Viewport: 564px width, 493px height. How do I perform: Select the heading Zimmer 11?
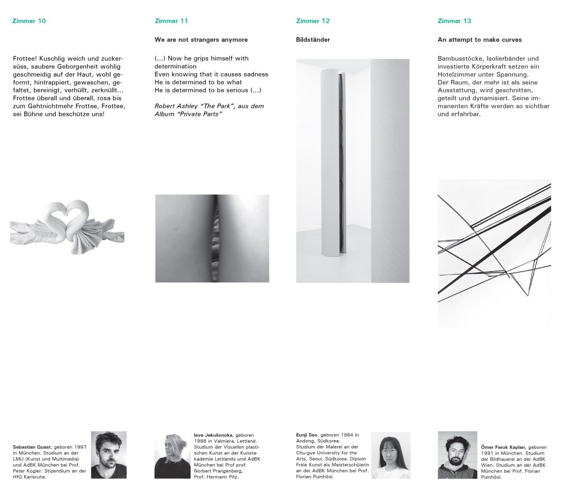tap(171, 21)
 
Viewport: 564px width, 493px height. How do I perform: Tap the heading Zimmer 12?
tap(313, 21)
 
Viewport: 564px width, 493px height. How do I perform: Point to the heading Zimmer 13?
tap(454, 21)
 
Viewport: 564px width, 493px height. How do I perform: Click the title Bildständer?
tap(313, 40)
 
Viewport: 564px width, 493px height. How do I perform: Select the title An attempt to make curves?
tap(479, 40)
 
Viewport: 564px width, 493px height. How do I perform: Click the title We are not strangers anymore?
tap(201, 40)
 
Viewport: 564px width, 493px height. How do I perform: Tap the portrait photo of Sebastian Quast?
tap(109, 454)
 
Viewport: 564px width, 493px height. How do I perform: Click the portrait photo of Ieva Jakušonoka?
tap(172, 454)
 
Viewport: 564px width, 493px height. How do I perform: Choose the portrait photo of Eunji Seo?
tap(391, 454)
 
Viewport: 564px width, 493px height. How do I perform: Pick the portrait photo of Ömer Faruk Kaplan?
tap(457, 454)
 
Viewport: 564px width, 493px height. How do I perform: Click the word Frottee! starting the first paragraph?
tap(26, 58)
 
